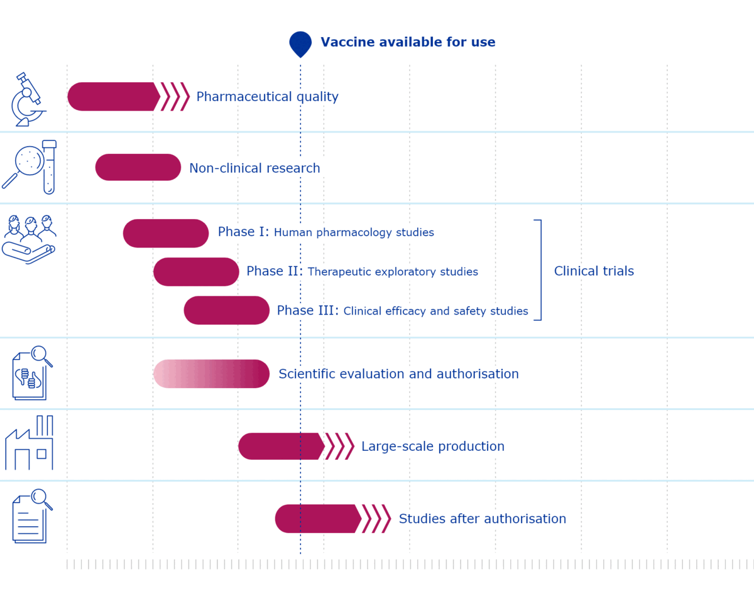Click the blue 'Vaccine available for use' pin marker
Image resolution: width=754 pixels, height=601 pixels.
tap(300, 43)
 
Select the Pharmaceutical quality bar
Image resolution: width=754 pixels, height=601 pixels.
tap(113, 97)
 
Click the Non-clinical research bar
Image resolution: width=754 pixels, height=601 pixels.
tap(138, 168)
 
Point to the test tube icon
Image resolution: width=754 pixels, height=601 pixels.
tap(49, 166)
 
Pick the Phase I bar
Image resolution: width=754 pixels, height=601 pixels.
tap(166, 234)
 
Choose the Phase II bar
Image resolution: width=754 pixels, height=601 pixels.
tap(196, 272)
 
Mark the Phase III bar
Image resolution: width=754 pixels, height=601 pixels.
tap(227, 310)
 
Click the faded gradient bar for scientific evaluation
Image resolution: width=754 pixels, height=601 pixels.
tap(211, 374)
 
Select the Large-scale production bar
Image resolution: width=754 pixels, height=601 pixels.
tap(281, 447)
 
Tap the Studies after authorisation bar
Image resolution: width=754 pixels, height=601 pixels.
tap(317, 519)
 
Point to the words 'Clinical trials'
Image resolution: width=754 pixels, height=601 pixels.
tap(594, 271)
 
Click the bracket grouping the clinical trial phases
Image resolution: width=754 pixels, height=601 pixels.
tap(539, 270)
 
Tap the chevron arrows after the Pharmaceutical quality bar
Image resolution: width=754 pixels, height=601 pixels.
tap(175, 97)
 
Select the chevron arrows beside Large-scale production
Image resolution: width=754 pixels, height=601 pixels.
tap(340, 447)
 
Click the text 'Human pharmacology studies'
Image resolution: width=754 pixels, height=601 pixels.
tap(354, 233)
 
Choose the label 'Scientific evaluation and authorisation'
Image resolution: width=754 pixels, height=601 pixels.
tap(398, 374)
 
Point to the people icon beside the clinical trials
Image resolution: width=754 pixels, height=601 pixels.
tap(29, 239)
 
